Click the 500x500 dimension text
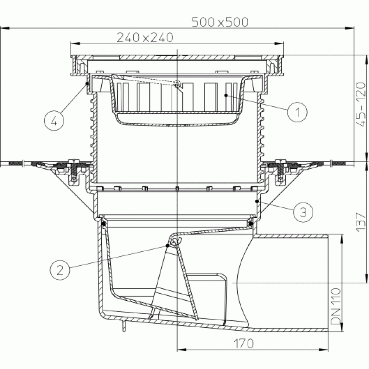(220, 22)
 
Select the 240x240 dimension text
(145, 37)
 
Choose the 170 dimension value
(244, 343)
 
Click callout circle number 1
(297, 112)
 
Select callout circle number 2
(60, 270)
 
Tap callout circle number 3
(303, 212)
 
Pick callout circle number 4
(54, 121)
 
